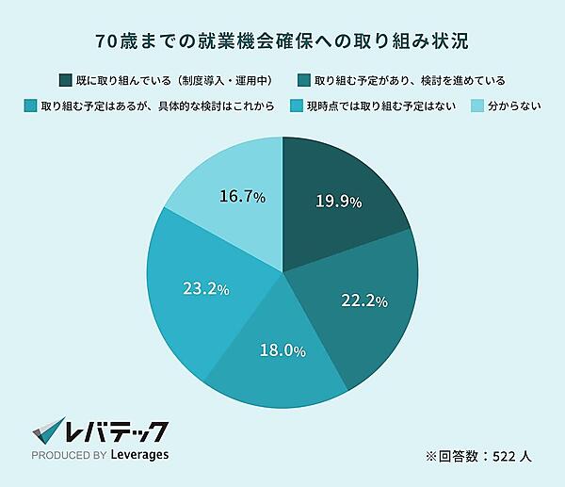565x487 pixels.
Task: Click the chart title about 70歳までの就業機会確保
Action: [282, 41]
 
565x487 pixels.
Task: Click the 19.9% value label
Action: [338, 202]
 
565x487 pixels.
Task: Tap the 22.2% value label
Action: [364, 300]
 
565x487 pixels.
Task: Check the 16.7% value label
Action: [242, 197]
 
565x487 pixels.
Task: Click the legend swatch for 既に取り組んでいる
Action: [65, 79]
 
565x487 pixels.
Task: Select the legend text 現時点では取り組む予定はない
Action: [381, 106]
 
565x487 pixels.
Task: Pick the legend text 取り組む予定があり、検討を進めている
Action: [410, 79]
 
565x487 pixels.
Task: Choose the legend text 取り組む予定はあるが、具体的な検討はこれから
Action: [157, 106]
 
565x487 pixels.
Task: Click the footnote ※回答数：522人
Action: [479, 456]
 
